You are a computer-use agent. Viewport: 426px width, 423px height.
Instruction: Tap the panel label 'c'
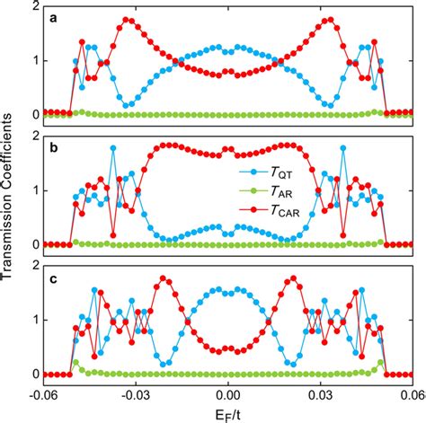54,276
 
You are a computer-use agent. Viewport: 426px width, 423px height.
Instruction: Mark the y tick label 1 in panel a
34,60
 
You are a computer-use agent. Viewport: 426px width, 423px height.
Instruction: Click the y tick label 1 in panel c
34,320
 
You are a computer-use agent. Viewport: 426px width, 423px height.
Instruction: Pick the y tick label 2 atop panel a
34,6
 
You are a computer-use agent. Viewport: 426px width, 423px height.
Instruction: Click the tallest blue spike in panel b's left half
113,147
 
